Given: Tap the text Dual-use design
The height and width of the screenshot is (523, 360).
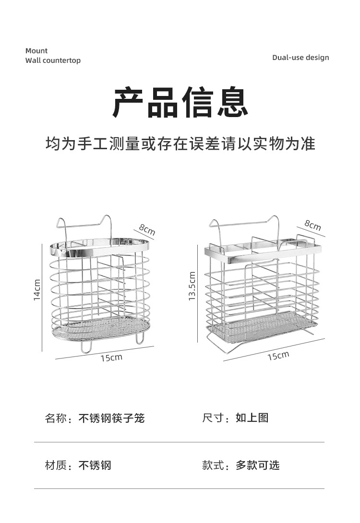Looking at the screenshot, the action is click(x=300, y=58).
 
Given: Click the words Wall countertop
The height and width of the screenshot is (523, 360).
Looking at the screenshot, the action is click(x=53, y=60).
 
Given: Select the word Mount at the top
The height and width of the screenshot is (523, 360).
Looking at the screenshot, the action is click(x=36, y=51).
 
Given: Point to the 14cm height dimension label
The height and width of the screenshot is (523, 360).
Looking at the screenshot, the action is click(x=37, y=290).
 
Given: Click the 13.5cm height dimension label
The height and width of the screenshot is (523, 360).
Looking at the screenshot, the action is click(x=192, y=286).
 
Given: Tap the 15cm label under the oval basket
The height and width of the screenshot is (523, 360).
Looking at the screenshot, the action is click(x=111, y=357).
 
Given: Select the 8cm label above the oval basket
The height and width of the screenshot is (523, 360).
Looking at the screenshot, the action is click(x=147, y=229).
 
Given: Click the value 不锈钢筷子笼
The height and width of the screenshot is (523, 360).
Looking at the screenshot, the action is click(x=111, y=418).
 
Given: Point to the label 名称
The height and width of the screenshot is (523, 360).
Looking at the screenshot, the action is click(x=56, y=418).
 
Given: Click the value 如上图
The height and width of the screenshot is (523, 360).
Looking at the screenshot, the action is click(x=252, y=417).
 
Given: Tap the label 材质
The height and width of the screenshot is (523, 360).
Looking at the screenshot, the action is click(x=56, y=465).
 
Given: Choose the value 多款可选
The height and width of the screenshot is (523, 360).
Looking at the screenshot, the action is click(x=257, y=465).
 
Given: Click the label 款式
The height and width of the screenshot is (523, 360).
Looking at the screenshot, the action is click(x=213, y=465).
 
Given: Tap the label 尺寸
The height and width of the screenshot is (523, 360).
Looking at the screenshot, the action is click(x=213, y=417).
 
